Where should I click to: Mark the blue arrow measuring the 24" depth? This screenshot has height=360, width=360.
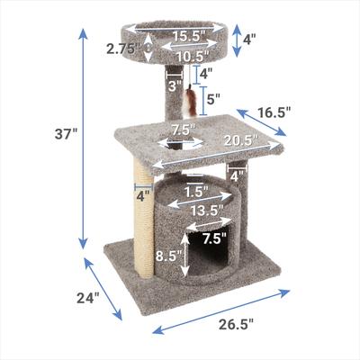104,288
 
